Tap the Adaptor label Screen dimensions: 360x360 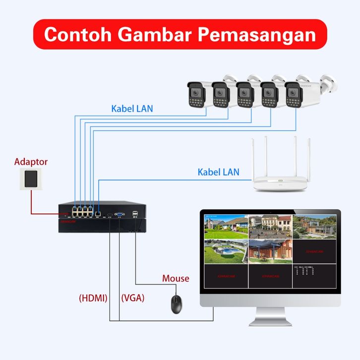(31, 162)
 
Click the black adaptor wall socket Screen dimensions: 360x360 (31, 179)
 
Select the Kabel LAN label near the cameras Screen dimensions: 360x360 (132, 108)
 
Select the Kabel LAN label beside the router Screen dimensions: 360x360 (218, 172)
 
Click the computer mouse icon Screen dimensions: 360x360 (176, 303)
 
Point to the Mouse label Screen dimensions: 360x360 (176, 278)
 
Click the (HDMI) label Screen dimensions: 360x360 (93, 298)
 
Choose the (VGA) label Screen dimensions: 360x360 (132, 298)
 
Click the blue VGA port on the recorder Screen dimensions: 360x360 (120, 214)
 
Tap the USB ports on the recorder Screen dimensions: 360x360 (135, 214)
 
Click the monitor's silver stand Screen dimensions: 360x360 (270, 316)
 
